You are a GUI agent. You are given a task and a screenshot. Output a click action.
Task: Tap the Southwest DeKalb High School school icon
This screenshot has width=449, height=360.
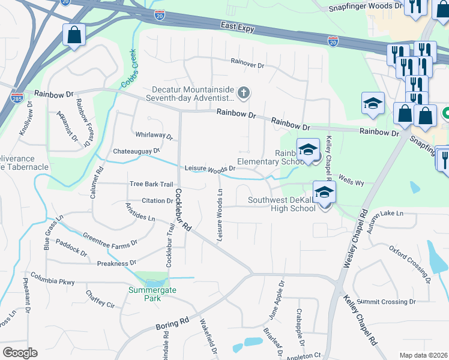(x=324, y=193)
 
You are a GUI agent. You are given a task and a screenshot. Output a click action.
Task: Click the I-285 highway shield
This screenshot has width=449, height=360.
(x=17, y=97)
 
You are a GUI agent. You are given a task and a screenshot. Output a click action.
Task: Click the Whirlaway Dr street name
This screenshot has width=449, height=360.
(x=154, y=136)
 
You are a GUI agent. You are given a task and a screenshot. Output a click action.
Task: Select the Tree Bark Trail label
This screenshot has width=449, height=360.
(x=151, y=184)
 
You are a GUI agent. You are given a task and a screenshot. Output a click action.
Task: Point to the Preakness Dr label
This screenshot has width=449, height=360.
(x=116, y=263)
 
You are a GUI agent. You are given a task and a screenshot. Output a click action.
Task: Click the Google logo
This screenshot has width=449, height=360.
(x=20, y=353)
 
